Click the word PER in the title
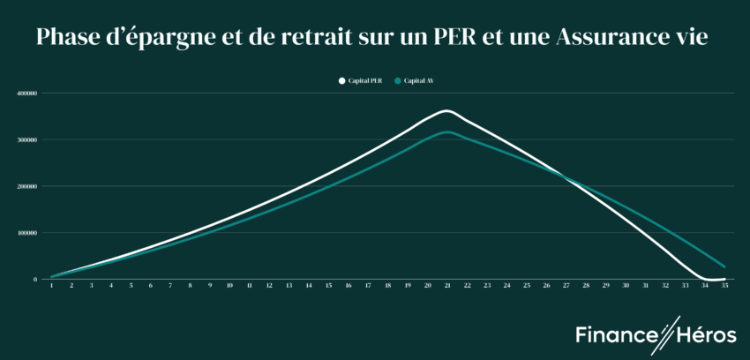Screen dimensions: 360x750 450,38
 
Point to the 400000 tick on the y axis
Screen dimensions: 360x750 26,93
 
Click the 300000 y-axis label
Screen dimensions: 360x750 26,139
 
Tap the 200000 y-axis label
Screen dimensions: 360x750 26,186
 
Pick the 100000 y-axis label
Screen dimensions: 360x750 26,233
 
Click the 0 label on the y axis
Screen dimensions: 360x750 35,280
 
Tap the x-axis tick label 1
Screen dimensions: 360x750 51,286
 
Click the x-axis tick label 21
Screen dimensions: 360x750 447,286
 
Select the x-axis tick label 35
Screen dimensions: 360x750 724,286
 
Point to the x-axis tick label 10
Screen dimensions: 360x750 229,286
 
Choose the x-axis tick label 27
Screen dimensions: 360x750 566,286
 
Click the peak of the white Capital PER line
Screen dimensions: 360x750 446,111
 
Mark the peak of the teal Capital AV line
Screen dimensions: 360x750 447,131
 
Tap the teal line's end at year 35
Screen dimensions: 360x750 724,266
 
